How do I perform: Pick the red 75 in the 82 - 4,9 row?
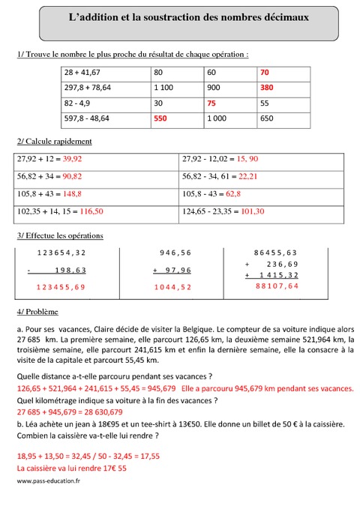[x=211, y=102]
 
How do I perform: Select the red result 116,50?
[x=88, y=211]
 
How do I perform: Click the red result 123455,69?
[x=55, y=287]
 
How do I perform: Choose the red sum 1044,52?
[x=172, y=287]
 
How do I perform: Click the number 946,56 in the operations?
[x=176, y=253]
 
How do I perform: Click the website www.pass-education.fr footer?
[x=48, y=481]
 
